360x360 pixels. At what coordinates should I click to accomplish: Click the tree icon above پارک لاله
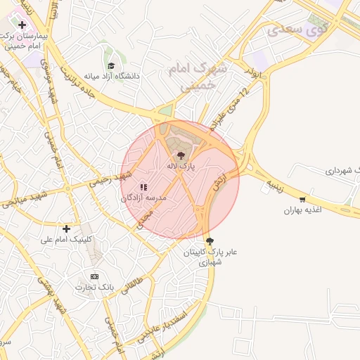[181, 155]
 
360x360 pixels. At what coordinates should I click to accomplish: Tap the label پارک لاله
[181, 167]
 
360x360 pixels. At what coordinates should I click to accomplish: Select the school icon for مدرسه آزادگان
[143, 188]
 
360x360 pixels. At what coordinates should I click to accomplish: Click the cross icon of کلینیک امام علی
[67, 229]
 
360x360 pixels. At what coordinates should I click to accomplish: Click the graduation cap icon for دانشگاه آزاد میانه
[111, 65]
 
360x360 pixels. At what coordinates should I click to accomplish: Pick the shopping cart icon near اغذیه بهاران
[302, 200]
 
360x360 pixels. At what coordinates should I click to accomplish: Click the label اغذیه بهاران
[302, 210]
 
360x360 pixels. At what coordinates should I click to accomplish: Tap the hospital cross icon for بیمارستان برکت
[22, 25]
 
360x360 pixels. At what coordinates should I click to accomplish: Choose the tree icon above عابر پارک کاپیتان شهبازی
[210, 240]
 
